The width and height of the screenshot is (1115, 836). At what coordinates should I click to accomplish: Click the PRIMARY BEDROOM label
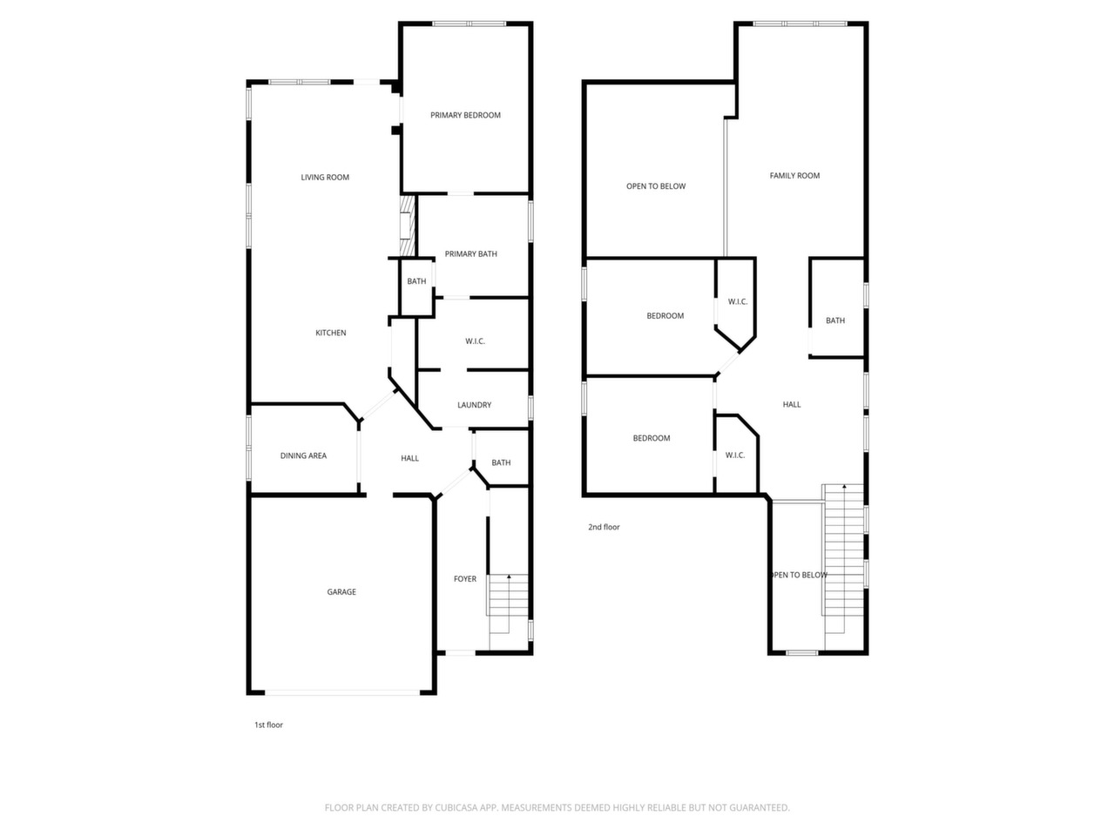465,115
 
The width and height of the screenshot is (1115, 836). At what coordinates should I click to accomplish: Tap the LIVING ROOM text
325,177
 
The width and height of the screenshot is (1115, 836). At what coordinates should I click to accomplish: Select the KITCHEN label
331,333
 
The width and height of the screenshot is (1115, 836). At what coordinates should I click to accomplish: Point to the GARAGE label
341,591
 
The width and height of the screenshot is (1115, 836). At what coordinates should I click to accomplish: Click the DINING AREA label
303,455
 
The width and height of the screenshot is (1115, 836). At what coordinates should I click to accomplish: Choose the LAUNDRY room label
475,405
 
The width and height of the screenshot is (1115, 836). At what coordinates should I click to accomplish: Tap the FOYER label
465,578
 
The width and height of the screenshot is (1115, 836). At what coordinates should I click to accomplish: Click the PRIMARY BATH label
471,253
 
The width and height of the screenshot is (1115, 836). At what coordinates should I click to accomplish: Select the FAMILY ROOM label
794,175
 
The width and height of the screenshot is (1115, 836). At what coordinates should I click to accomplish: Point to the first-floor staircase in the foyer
509,611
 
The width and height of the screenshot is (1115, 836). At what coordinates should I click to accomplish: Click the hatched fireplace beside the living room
407,226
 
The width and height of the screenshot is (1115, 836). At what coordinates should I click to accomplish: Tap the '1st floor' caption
268,725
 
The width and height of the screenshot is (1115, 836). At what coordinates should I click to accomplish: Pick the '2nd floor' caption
604,527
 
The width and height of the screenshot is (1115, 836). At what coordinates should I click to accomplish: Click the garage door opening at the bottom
342,692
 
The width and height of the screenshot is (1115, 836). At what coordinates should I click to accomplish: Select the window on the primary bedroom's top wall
469,24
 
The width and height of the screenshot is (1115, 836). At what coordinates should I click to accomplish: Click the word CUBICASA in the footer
456,807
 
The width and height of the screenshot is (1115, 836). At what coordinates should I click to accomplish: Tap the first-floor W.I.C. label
475,341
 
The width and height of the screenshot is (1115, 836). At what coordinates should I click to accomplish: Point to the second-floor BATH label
835,320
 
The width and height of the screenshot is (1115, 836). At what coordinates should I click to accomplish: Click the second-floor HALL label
792,404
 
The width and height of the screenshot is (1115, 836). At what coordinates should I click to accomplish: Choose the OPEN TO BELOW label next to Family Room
656,185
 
